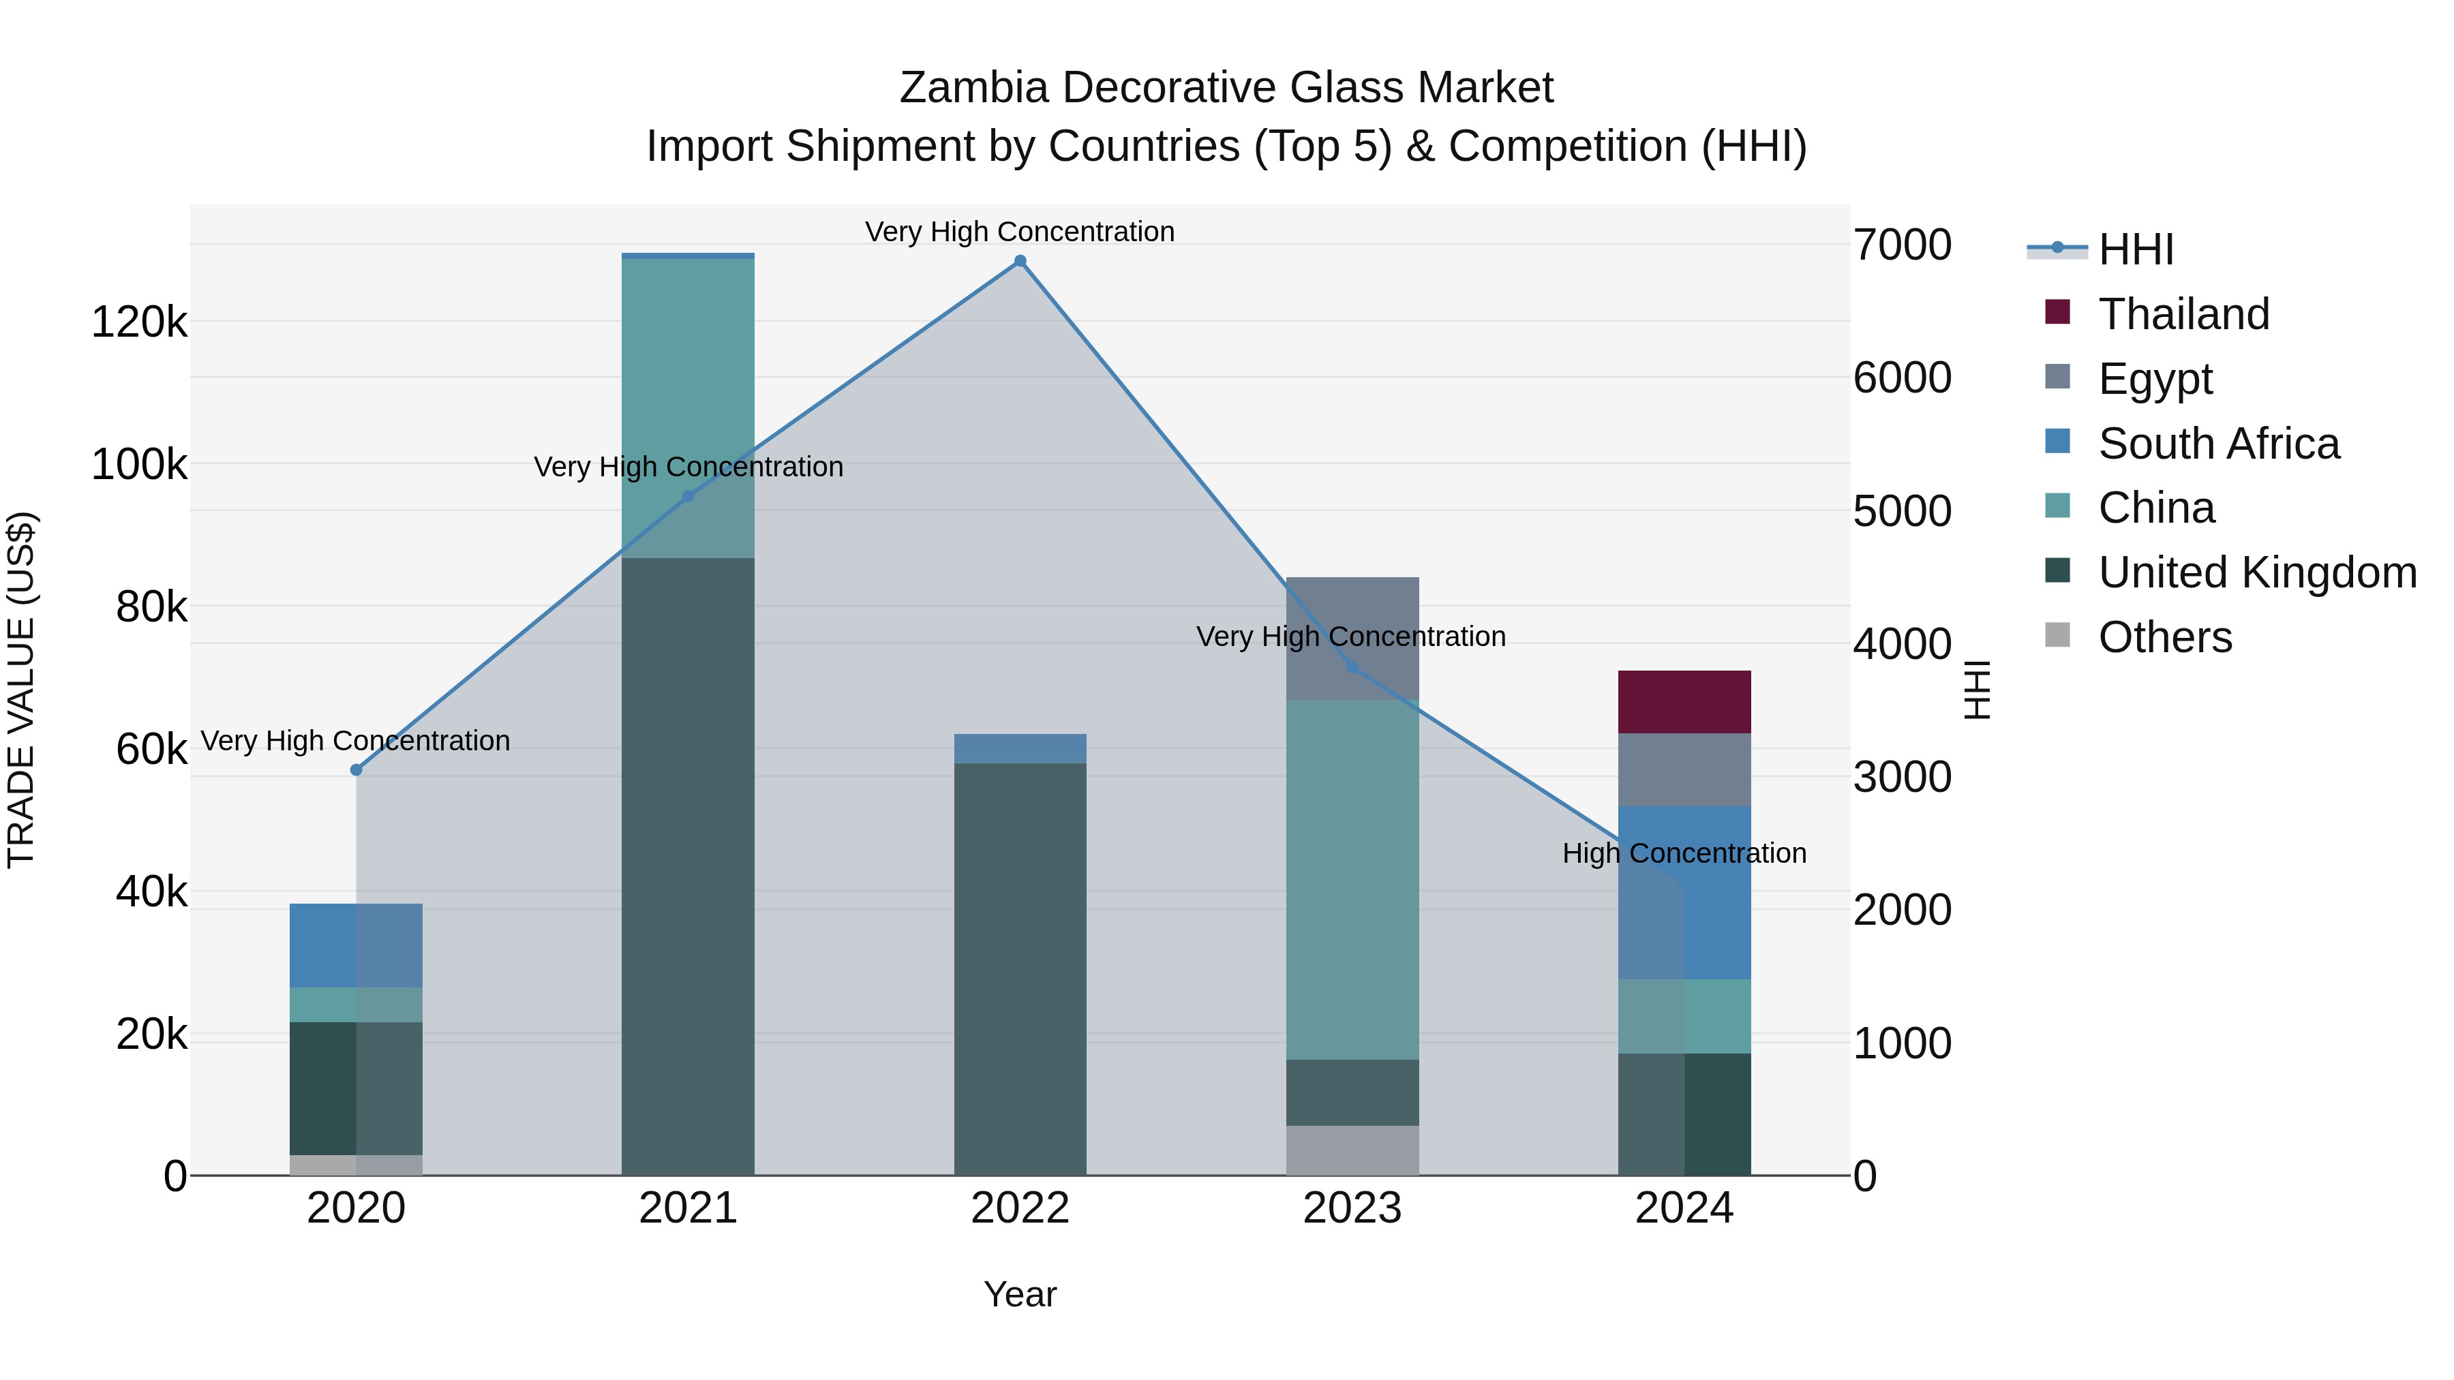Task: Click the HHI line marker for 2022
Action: click(1020, 261)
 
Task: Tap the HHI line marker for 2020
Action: click(357, 769)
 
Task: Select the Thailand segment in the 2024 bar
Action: click(1684, 702)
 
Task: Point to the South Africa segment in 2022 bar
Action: click(1020, 748)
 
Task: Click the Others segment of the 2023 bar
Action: click(1352, 1150)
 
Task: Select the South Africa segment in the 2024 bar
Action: click(1684, 892)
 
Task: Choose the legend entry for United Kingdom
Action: click(2257, 572)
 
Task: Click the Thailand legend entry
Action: click(2183, 314)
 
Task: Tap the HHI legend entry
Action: click(2136, 249)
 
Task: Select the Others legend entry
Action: click(2164, 637)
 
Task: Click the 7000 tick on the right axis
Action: click(1901, 246)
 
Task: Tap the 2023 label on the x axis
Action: click(1352, 1208)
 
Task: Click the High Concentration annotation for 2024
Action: click(1684, 853)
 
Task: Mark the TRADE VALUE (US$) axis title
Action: click(21, 690)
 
